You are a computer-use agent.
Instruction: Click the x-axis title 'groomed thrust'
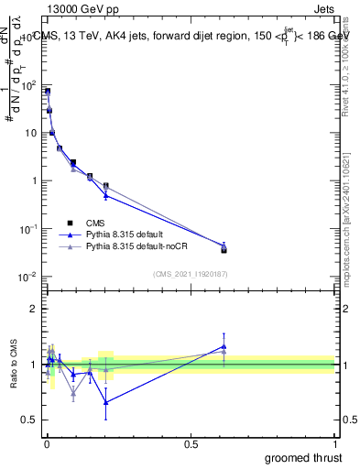(x=303, y=457)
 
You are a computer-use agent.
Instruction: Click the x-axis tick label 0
(x=46, y=443)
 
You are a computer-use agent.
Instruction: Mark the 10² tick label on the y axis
(x=29, y=84)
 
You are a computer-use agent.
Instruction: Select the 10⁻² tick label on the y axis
(x=29, y=276)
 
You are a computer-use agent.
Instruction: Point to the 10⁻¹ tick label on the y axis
(x=29, y=228)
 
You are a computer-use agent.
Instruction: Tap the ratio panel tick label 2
(x=33, y=309)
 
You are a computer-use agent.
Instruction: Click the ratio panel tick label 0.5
(x=29, y=420)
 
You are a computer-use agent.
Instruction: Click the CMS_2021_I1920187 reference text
(x=190, y=273)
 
